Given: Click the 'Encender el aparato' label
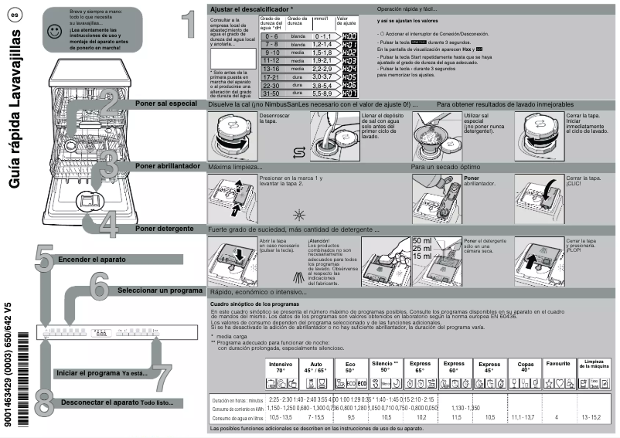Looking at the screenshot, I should tap(90, 260).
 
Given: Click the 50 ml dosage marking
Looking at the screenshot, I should tap(423, 241).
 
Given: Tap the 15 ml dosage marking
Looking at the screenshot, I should tap(423, 256).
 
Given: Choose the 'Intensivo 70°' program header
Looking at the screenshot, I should tap(281, 367).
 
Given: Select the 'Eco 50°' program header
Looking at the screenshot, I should tap(351, 367).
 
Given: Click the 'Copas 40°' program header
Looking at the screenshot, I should tap(525, 367).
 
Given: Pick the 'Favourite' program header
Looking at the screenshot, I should tap(557, 363).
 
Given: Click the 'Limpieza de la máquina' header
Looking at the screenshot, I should tap(594, 364).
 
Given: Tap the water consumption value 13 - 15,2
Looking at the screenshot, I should tap(594, 416).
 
